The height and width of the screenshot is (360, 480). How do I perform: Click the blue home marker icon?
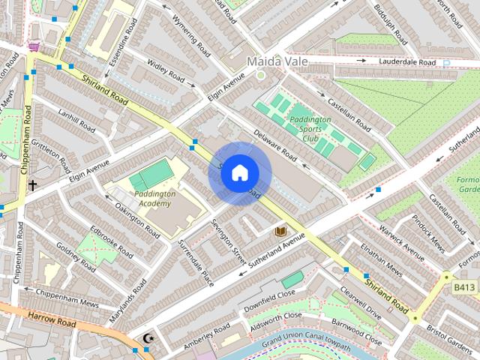[x=239, y=173]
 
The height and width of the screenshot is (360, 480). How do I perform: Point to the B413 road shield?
[x=465, y=286]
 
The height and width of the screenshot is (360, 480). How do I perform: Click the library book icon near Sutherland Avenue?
[x=281, y=232]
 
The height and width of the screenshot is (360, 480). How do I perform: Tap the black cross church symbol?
[x=32, y=184]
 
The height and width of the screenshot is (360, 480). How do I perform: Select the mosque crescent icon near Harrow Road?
[x=148, y=339]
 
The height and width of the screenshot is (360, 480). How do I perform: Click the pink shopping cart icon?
[x=34, y=46]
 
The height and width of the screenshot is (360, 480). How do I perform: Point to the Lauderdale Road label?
[x=407, y=62]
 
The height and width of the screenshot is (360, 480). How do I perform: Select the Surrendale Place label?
[x=196, y=262]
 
